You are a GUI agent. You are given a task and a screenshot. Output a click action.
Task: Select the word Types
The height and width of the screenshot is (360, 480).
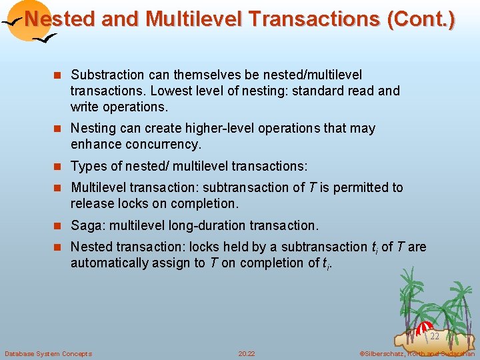[87, 166]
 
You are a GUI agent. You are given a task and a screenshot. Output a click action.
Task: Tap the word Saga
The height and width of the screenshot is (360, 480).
[87, 225]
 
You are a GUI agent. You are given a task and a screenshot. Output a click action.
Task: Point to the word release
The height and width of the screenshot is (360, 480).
[91, 203]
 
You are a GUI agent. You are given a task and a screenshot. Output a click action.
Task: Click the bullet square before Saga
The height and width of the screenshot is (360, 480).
[59, 225]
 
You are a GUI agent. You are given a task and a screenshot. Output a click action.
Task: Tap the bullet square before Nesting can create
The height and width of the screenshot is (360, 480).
[59, 128]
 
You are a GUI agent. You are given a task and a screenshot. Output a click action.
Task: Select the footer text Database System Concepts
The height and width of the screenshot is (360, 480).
[48, 353]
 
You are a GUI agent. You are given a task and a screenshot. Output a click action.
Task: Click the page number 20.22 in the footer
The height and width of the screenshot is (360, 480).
[246, 353]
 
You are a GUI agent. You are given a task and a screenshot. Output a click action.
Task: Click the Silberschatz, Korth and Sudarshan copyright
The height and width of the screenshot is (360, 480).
[417, 353]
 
